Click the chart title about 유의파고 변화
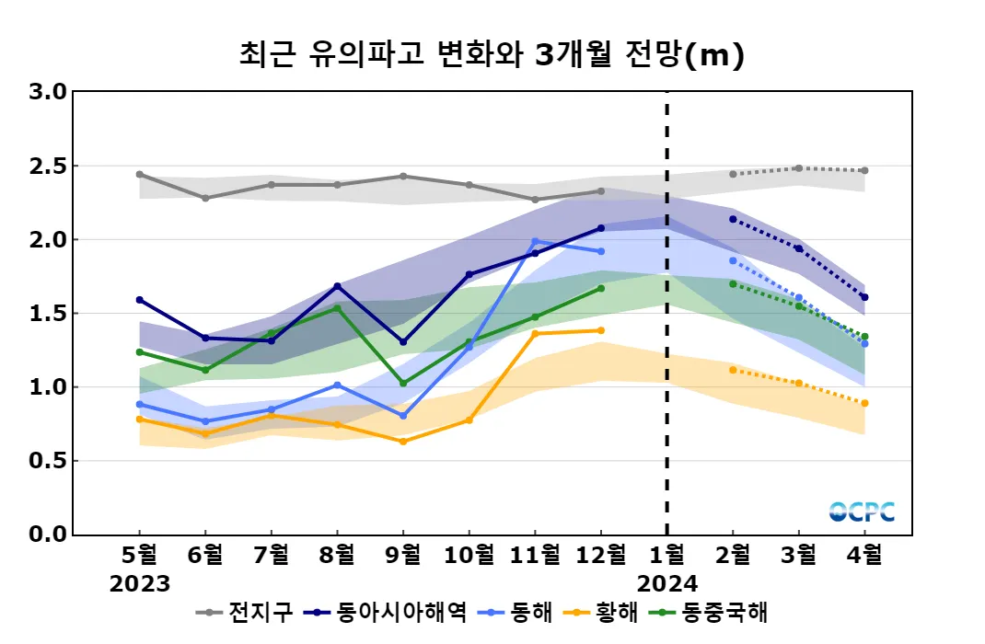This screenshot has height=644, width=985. pyautogui.click(x=492, y=55)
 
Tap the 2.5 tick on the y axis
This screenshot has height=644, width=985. pyautogui.click(x=46, y=167)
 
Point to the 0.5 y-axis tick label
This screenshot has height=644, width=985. pyautogui.click(x=46, y=461)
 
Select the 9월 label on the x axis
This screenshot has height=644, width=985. pyautogui.click(x=403, y=555)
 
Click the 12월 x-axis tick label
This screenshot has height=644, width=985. pyautogui.click(x=600, y=555)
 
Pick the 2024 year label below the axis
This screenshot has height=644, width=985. pyautogui.click(x=667, y=583)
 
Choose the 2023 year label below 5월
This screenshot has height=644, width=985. pyautogui.click(x=140, y=583)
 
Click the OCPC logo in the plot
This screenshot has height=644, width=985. pyautogui.click(x=862, y=512)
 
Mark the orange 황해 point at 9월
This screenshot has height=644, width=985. pyautogui.click(x=403, y=442)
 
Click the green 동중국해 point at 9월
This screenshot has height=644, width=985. pyautogui.click(x=403, y=384)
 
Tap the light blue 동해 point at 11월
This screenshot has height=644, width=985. pyautogui.click(x=535, y=241)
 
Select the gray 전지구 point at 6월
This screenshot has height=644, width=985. pyautogui.click(x=205, y=198)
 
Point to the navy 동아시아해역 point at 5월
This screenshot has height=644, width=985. pyautogui.click(x=140, y=300)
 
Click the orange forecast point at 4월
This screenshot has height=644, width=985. pyautogui.click(x=864, y=403)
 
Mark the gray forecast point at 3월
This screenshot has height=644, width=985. pyautogui.click(x=798, y=168)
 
